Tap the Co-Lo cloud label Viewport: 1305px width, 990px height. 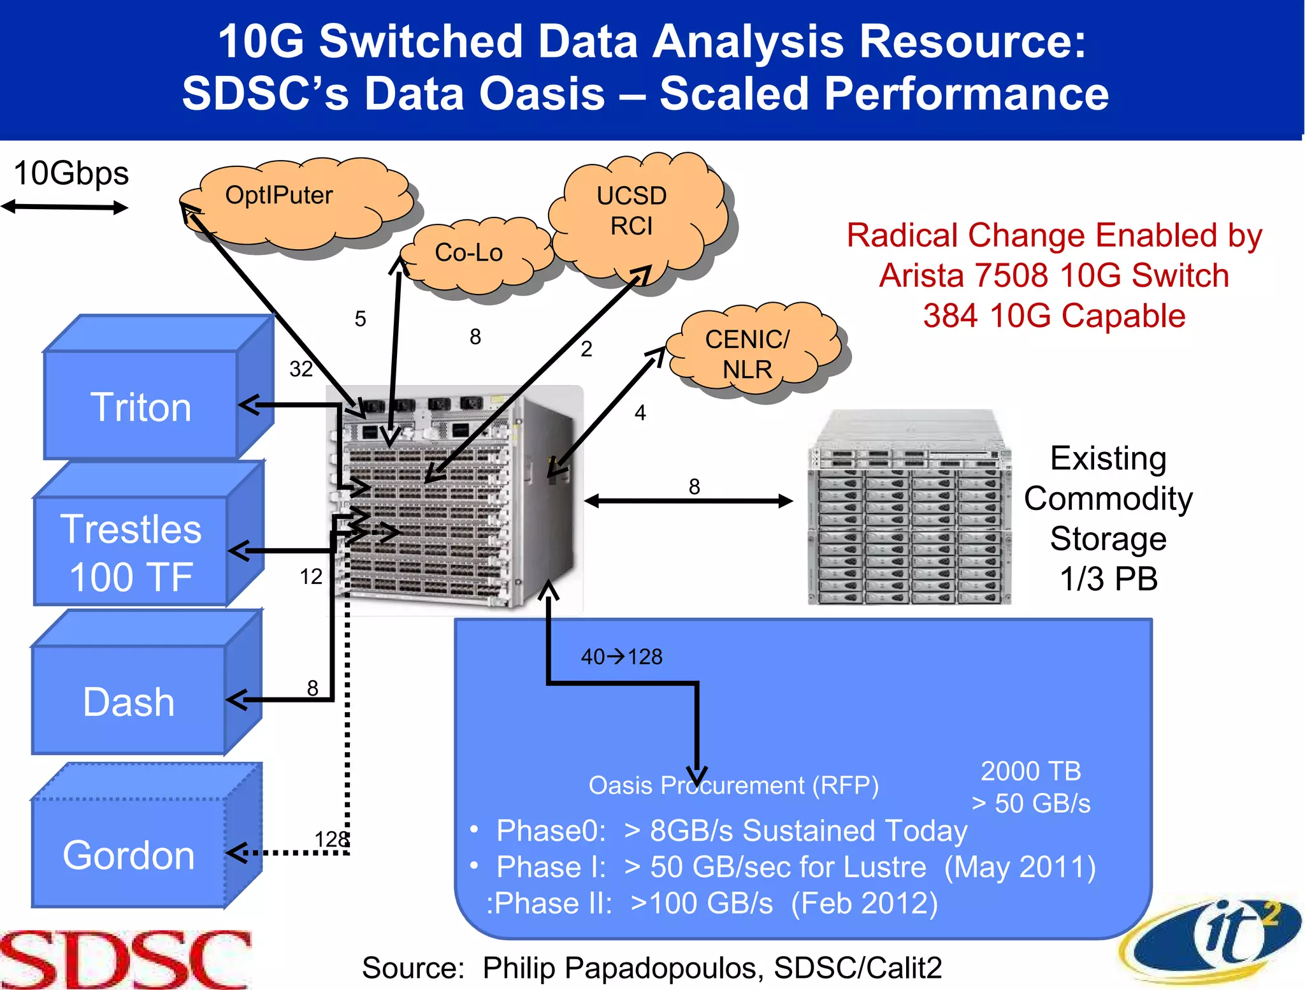click(469, 253)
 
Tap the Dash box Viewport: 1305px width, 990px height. click(129, 701)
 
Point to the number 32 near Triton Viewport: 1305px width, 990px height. click(301, 368)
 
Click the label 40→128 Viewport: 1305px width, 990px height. click(621, 657)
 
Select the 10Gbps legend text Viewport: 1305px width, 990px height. click(71, 173)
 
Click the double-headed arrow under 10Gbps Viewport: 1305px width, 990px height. click(64, 207)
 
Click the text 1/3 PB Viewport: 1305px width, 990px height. click(1108, 579)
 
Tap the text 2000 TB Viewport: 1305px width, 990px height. click(1030, 771)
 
